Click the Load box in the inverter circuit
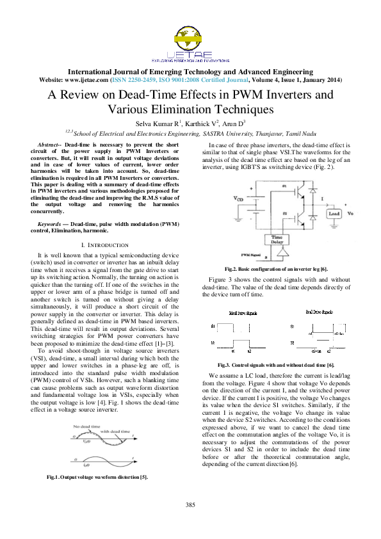pos(334,213)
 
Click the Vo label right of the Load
pos(353,213)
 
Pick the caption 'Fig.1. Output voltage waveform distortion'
pos(97,478)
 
